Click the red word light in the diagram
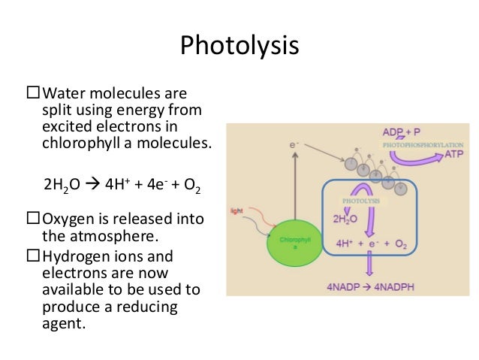coord(236,210)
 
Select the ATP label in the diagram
coord(454,153)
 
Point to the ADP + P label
coord(402,129)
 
